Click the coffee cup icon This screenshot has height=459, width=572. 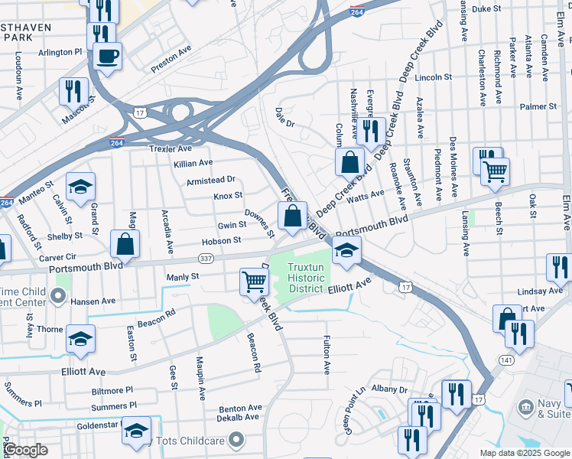pos(107,56)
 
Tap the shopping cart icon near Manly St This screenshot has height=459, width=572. pos(254,281)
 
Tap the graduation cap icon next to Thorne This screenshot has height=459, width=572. pos(80,339)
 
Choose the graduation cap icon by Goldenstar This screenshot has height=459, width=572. pos(137,431)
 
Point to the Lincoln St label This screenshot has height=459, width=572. pos(434,77)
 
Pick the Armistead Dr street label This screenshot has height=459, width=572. pos(210,181)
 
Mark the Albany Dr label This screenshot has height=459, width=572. pos(389,389)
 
